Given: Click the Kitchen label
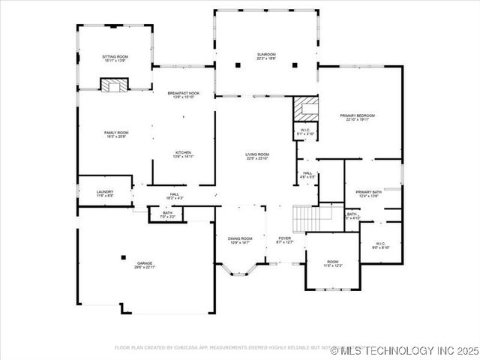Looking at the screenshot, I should coord(184,154).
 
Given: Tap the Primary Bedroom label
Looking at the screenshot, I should coord(357,117).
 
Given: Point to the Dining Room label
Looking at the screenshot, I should coord(240,240).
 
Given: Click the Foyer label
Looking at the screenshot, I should coord(284,240).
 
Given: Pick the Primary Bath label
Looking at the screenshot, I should coord(369,193).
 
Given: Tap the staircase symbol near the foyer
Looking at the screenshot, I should coord(307,218).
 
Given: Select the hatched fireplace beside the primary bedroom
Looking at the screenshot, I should coord(305,108).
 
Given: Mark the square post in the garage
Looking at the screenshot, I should coord(124,257).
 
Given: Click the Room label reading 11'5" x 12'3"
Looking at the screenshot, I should coord(332,263).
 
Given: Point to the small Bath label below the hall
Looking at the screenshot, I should coord(167,215).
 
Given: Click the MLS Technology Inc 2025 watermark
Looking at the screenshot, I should coord(409,350).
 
